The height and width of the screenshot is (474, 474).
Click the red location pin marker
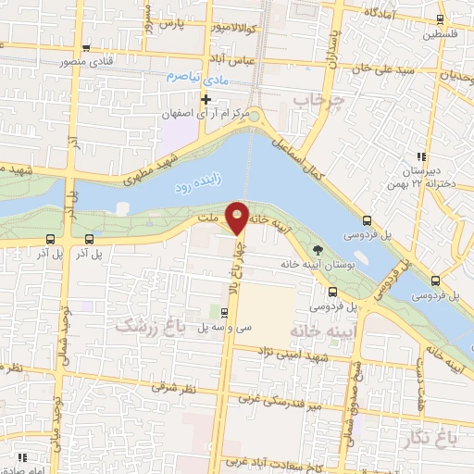coord(238,217)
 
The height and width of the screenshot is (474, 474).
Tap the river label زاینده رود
coord(196,184)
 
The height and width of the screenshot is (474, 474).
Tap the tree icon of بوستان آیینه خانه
coord(318,249)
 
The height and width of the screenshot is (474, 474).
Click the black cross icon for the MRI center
coord(206,98)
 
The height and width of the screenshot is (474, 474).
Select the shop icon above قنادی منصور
coord(86,49)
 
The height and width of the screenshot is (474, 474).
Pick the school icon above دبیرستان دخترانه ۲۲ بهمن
coord(420,156)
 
